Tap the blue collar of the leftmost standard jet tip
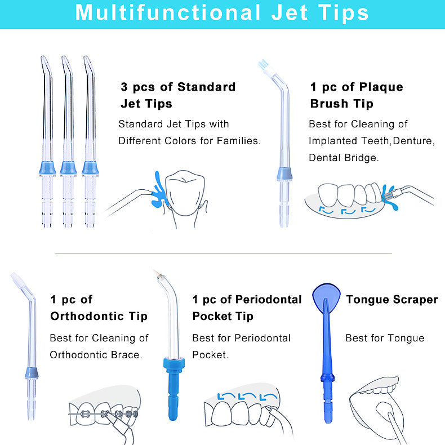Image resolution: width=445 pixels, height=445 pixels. (47, 168)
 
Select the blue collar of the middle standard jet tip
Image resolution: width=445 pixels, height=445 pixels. (68, 168)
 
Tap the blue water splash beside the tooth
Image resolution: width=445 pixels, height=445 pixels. (159, 190)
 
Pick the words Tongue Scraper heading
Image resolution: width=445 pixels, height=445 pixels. (392, 300)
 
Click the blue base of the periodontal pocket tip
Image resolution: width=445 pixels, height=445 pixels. (173, 389)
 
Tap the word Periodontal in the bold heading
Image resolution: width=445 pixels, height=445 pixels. (268, 300)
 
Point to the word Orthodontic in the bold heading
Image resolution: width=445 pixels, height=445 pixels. (87, 316)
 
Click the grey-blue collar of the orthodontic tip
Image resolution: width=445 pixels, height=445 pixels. (32, 373)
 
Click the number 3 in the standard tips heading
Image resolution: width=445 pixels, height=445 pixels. (124, 87)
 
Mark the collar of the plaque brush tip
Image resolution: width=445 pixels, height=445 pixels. (284, 174)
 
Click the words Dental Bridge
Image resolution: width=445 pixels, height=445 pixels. (343, 158)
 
